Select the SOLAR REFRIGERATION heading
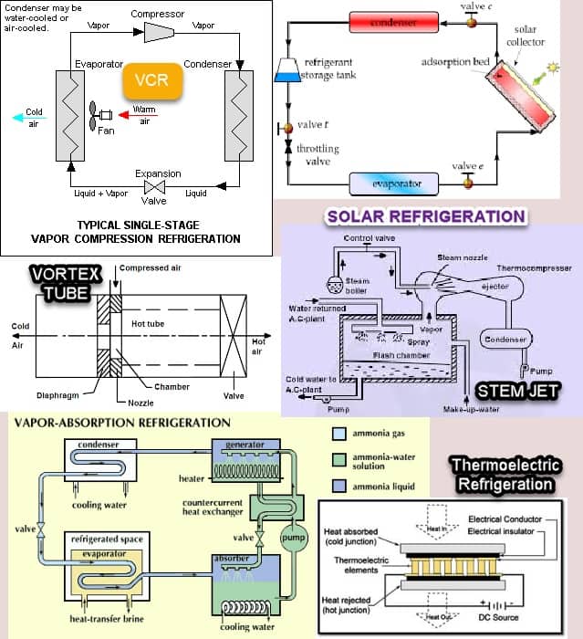click(425, 216)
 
